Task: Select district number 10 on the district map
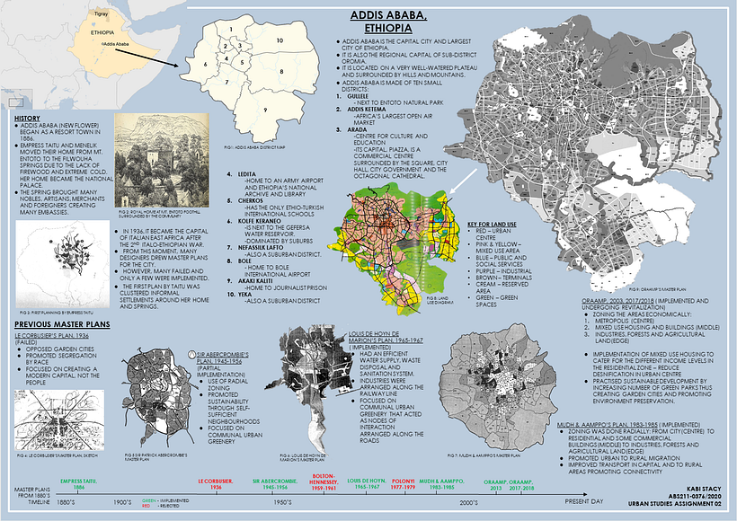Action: (280, 40)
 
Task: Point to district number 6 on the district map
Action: (206, 65)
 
